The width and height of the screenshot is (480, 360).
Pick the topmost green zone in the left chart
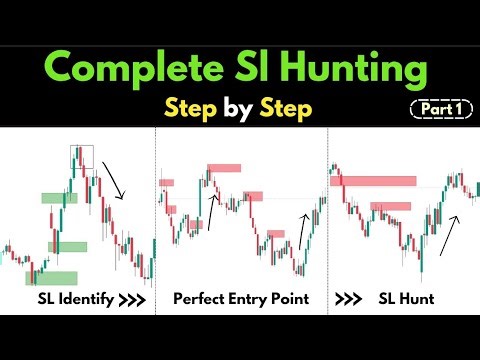pos(58,197)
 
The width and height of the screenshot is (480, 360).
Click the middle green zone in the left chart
pos(68,246)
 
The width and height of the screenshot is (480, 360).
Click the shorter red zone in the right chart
pos(390,207)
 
